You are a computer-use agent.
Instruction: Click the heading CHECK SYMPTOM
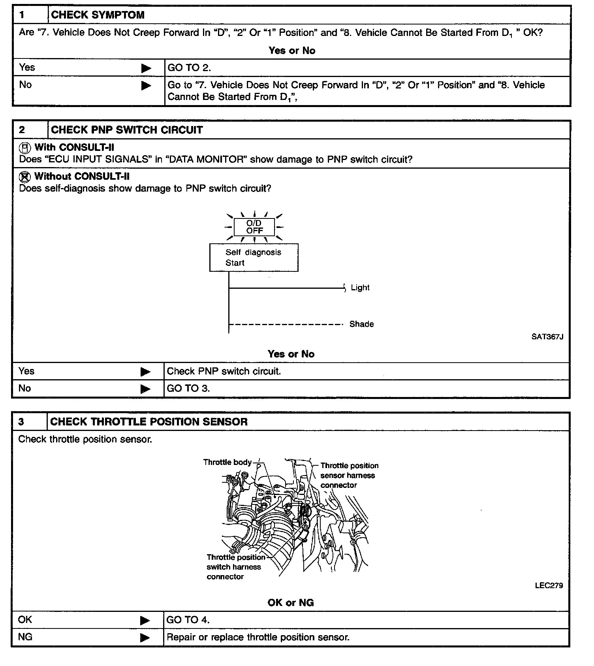tap(98, 15)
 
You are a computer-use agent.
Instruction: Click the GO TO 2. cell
tap(189, 68)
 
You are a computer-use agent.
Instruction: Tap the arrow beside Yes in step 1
tap(146, 68)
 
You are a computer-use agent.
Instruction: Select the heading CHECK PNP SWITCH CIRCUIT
tap(127, 130)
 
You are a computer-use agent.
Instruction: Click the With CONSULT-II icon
tap(25, 148)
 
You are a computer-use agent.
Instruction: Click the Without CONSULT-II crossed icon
tap(25, 177)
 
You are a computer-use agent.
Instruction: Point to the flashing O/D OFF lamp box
tap(254, 227)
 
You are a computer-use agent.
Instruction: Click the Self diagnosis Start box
tap(254, 258)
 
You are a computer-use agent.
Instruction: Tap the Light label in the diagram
tap(360, 288)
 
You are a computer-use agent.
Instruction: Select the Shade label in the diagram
tap(361, 324)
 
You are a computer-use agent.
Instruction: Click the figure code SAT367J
tap(547, 337)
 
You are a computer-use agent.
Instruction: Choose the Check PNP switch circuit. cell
tap(224, 371)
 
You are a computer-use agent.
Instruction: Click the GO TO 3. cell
tap(188, 388)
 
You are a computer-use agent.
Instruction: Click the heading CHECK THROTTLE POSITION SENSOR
tap(149, 422)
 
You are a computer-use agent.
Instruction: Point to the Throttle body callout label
tap(227, 462)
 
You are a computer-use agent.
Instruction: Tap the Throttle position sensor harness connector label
tap(349, 475)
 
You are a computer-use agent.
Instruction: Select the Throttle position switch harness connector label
tap(235, 567)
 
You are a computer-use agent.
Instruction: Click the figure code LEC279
tap(549, 585)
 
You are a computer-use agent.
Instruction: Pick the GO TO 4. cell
tap(188, 620)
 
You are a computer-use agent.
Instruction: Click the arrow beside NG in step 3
tap(145, 637)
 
